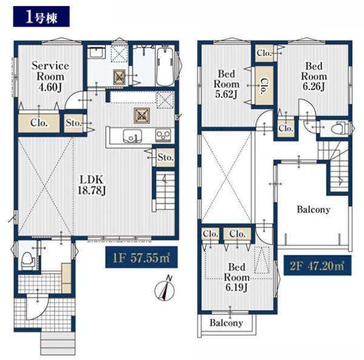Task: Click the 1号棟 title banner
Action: [41, 16]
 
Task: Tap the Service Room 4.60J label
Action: [50, 76]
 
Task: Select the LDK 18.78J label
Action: [92, 185]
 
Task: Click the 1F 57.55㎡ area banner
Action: [141, 257]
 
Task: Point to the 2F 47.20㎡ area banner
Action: [317, 265]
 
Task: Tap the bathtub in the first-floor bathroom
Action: [165, 66]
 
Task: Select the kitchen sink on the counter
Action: [132, 135]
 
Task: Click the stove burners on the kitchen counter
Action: [163, 135]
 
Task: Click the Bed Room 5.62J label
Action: [226, 84]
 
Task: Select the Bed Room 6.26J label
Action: [314, 76]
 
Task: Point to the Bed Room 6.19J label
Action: [237, 277]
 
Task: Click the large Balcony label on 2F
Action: [314, 209]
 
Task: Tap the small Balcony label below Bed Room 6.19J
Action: [226, 322]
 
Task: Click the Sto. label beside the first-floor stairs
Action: [166, 157]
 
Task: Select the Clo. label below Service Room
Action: [39, 123]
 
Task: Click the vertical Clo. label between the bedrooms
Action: [265, 86]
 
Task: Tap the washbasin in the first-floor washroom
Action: [96, 52]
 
